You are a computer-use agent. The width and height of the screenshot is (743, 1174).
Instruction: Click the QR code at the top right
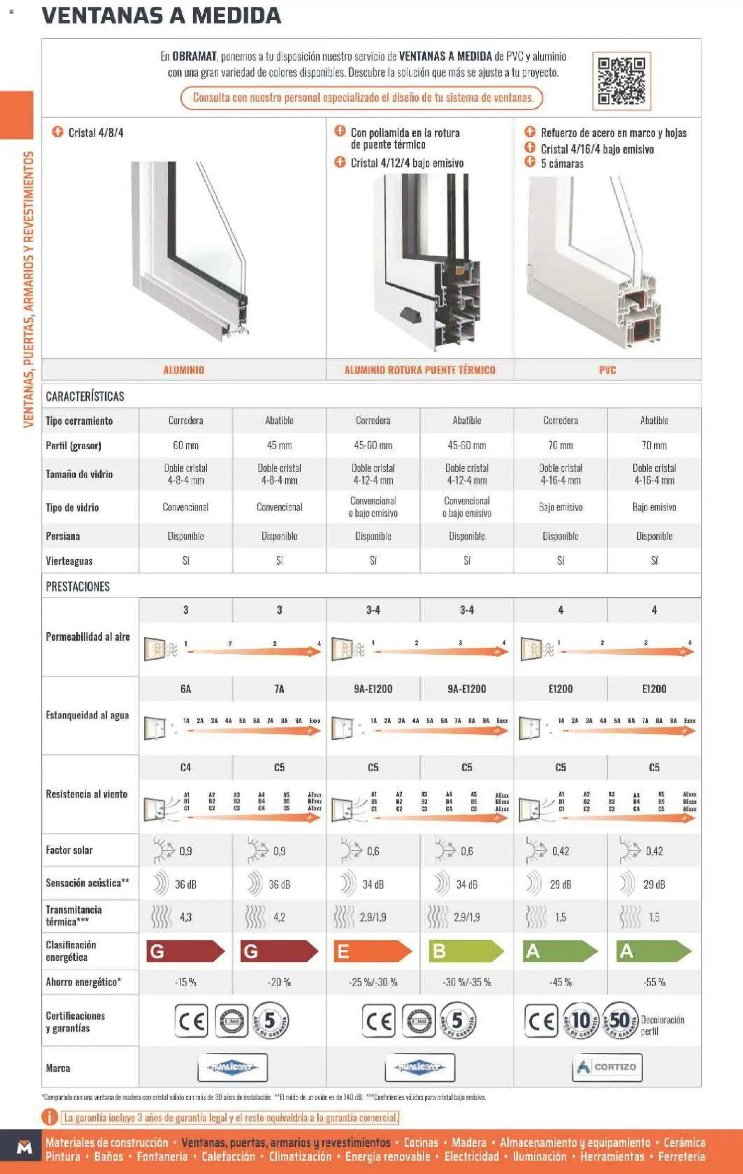621,81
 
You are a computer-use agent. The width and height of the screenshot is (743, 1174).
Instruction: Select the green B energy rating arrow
465,951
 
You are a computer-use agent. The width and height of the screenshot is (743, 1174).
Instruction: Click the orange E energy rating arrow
372,951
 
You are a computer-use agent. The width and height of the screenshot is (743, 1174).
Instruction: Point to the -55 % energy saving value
654,982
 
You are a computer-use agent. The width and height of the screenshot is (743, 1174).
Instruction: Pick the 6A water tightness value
186,689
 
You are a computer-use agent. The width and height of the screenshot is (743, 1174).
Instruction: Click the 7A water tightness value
279,689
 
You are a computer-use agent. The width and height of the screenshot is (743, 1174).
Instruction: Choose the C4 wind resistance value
186,767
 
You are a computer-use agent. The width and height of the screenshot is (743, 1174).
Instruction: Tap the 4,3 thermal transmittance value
186,917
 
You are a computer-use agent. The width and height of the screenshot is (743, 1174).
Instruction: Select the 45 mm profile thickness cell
279,445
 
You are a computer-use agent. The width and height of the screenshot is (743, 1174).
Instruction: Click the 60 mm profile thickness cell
186,445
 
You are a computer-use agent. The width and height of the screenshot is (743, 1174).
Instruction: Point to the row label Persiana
63,536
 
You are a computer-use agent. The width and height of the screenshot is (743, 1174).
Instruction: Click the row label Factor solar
70,850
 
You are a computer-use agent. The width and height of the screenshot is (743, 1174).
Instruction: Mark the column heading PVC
607,370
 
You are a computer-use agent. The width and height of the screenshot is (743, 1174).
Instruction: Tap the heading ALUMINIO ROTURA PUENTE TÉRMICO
419,370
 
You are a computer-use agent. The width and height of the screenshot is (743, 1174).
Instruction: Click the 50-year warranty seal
620,1020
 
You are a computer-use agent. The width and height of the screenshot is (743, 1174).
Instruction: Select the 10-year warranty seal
580,1020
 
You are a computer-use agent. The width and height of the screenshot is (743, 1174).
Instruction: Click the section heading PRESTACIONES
78,586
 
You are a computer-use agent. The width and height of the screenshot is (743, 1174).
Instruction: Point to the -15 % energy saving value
186,982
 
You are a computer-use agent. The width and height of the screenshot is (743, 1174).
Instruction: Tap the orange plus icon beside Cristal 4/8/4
58,132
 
